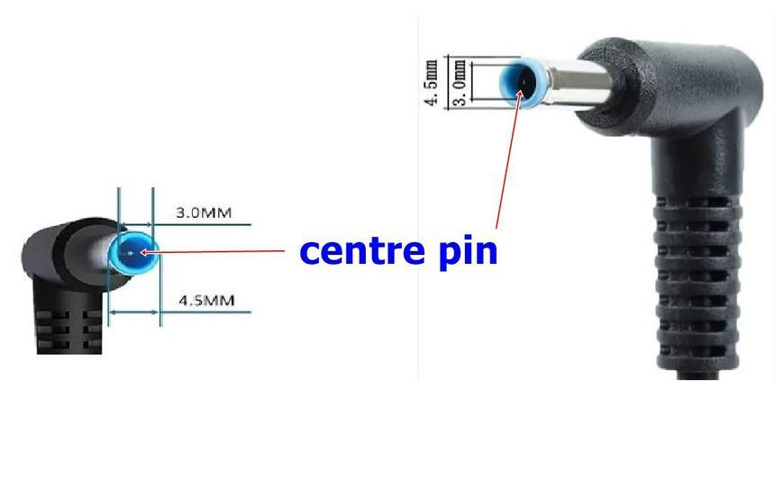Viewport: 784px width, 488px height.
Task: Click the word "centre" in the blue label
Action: pyautogui.click(x=362, y=250)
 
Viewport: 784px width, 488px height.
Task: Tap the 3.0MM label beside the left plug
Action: pyautogui.click(x=204, y=212)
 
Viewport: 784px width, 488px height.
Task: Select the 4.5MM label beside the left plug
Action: pyautogui.click(x=206, y=301)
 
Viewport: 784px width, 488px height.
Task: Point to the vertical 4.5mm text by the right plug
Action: pyautogui.click(x=432, y=83)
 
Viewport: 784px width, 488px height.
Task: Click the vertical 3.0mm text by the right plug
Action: pyautogui.click(x=460, y=83)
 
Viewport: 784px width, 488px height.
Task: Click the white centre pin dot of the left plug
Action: pyautogui.click(x=131, y=253)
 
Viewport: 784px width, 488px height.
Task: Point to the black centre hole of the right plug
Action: pyautogui.click(x=523, y=83)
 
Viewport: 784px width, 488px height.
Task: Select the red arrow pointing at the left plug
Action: pyautogui.click(x=212, y=252)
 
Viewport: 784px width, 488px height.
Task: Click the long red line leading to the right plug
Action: pyautogui.click(x=507, y=160)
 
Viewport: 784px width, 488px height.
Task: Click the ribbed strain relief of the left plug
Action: pyautogui.click(x=69, y=330)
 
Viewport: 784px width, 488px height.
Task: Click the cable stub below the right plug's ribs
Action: pyautogui.click(x=697, y=375)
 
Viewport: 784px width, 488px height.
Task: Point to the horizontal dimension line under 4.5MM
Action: pyautogui.click(x=179, y=312)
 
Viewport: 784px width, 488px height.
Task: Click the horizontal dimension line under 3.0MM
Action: pyautogui.click(x=184, y=225)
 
